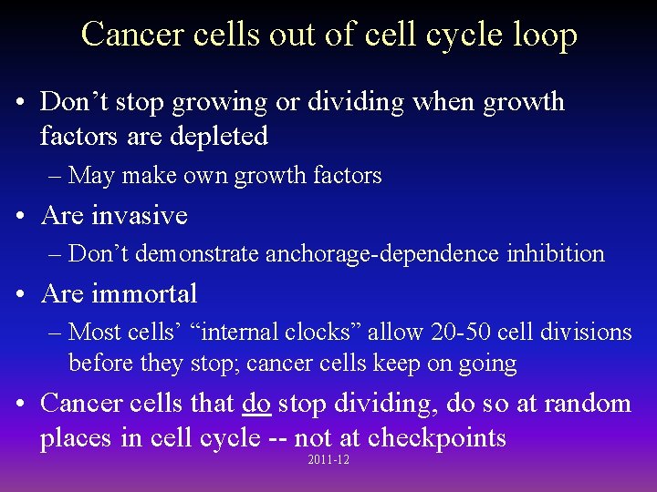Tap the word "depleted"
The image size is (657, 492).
pos(224,137)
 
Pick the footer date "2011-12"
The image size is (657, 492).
pos(329,460)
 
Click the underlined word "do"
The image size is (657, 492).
pos(256,404)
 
